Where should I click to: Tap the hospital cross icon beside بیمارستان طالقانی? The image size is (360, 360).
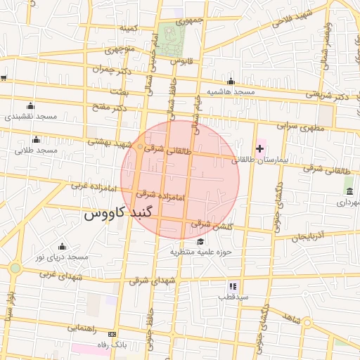pyautogui.click(x=260, y=148)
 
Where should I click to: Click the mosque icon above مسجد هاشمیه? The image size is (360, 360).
pyautogui.click(x=231, y=82)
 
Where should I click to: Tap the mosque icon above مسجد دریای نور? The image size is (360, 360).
pyautogui.click(x=62, y=246)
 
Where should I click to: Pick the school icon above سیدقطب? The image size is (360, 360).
pyautogui.click(x=233, y=286)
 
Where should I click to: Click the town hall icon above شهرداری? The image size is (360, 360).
pyautogui.click(x=349, y=191)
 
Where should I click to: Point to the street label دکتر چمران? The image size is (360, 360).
pyautogui.click(x=111, y=69)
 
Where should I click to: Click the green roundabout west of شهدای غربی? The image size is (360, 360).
pyautogui.click(x=15, y=268)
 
